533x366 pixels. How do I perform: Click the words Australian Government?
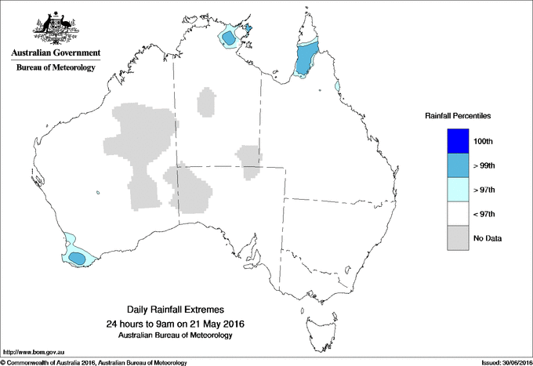[x=55, y=53]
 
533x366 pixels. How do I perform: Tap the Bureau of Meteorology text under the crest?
[x=55, y=67]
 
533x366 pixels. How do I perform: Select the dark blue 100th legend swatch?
[x=457, y=141]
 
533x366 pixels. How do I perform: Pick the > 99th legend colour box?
[x=457, y=165]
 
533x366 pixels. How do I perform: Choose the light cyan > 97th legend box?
[x=457, y=190]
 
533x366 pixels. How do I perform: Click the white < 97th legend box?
[x=457, y=214]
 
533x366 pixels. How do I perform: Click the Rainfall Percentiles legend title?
[x=458, y=116]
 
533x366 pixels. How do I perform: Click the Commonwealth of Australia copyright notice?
[x=94, y=362]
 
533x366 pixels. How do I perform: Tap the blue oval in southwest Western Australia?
[x=77, y=256]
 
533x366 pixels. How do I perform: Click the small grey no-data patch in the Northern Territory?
[x=208, y=102]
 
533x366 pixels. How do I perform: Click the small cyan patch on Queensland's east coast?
[x=337, y=85]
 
